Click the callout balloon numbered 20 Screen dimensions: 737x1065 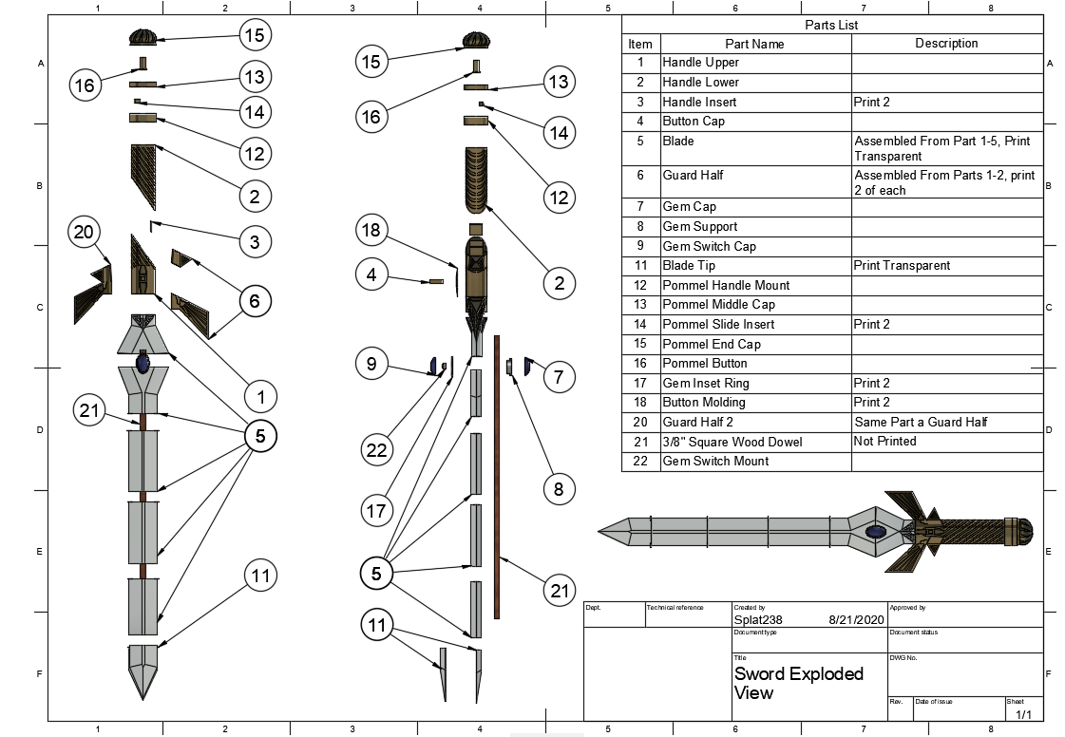pos(84,232)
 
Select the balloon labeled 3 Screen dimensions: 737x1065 pos(254,241)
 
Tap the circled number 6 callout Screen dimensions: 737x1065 pos(254,301)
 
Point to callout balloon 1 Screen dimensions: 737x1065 pos(260,397)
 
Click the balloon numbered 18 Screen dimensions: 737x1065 pos(372,231)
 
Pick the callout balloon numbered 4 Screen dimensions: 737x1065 pos(372,274)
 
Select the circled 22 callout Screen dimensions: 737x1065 pos(377,449)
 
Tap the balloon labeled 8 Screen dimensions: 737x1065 pos(559,489)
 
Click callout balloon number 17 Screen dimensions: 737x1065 pos(377,511)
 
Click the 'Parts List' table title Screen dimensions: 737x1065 pos(831,25)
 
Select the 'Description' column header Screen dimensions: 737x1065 pos(945,44)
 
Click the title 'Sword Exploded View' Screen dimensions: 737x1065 pos(798,683)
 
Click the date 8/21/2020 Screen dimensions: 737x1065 pos(855,619)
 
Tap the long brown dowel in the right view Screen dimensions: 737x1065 pos(496,475)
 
